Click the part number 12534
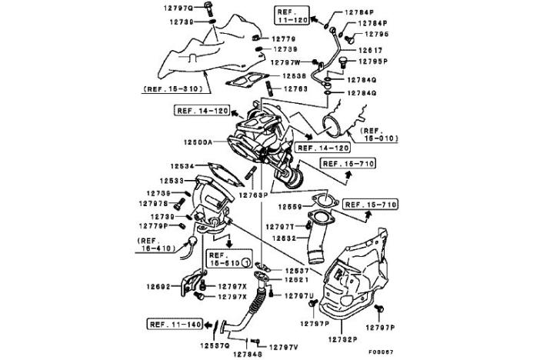coord(183,165)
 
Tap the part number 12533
coord(183,181)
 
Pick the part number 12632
coord(282,238)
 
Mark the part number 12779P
coord(155,226)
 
